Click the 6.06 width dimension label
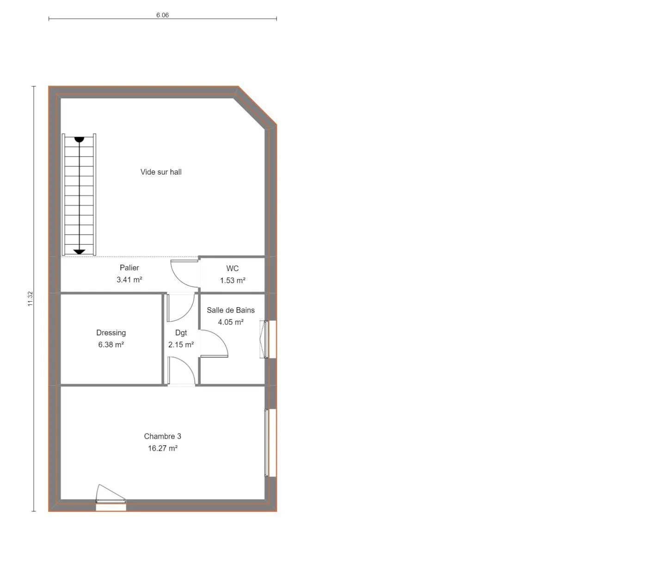tap(162, 15)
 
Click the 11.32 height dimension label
tap(31, 299)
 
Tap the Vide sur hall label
tap(161, 172)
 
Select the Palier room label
tap(129, 268)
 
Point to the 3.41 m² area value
tap(129, 279)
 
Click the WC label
tap(232, 268)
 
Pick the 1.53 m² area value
tap(233, 280)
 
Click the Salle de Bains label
tap(231, 310)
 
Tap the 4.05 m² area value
tap(231, 322)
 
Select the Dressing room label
tap(111, 333)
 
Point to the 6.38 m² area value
tap(111, 345)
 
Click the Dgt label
tap(181, 333)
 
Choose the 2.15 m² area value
tap(181, 345)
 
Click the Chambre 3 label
tap(162, 436)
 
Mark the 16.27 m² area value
tap(162, 448)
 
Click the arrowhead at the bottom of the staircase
tap(79, 252)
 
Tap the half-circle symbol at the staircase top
tap(79, 139)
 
